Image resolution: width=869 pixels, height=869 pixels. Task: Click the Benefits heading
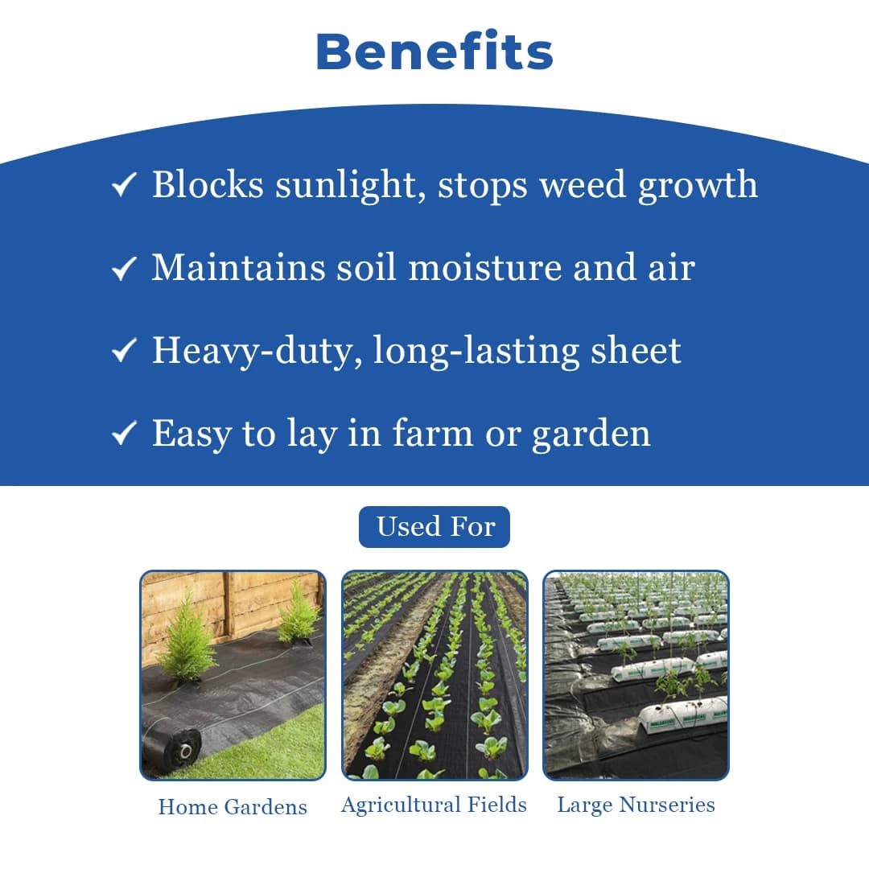point(434,51)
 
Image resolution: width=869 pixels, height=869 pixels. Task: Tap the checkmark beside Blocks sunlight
point(123,186)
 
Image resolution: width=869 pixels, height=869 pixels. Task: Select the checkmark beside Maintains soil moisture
point(123,269)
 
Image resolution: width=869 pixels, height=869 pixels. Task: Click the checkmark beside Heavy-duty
point(123,352)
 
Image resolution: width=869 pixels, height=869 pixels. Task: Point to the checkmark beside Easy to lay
point(123,434)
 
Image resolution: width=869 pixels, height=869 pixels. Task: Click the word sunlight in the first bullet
point(349,186)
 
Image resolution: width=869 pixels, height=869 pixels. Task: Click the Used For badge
point(434,527)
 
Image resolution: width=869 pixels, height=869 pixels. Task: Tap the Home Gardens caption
point(233,806)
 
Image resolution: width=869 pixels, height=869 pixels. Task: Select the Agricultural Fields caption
point(434,805)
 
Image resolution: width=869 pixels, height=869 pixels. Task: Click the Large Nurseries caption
point(636,805)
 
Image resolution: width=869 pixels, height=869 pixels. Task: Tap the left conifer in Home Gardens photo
point(187,644)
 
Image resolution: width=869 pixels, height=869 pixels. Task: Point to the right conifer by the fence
point(298,615)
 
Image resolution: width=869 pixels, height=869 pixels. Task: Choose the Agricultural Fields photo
point(434,675)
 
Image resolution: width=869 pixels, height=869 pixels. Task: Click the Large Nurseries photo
point(636,675)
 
